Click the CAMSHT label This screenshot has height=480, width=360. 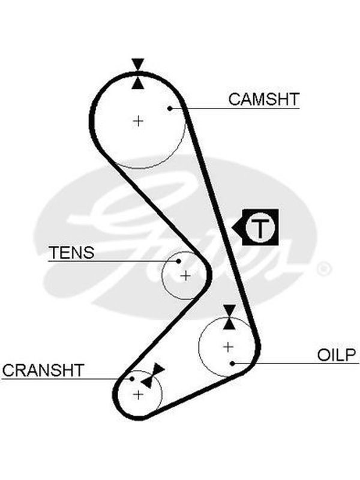click(x=263, y=99)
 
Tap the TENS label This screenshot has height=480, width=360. click(x=71, y=253)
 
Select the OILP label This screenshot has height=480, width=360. click(x=337, y=355)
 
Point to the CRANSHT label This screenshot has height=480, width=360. click(x=43, y=370)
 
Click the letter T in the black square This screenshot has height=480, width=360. click(x=260, y=227)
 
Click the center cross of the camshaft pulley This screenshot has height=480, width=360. click(x=139, y=121)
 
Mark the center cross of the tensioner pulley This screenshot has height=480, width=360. click(x=185, y=276)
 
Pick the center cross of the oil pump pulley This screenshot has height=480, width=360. click(x=228, y=347)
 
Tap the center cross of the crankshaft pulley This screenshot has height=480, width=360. click(x=139, y=394)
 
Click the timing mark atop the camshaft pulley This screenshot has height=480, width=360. click(x=138, y=73)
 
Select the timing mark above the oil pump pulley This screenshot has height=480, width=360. click(x=229, y=317)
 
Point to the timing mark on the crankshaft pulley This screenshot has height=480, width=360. click(x=153, y=376)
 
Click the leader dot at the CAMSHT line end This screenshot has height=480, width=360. click(x=170, y=109)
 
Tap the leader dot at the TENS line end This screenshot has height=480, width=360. click(x=178, y=261)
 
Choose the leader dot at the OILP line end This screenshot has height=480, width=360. click(x=232, y=364)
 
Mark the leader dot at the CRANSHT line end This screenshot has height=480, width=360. click(x=132, y=379)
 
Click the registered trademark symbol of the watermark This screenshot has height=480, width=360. click(x=323, y=269)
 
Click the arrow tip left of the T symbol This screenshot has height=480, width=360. click(x=232, y=227)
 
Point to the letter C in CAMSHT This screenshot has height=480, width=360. click(x=235, y=99)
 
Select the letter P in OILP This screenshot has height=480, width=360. click(x=351, y=355)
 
